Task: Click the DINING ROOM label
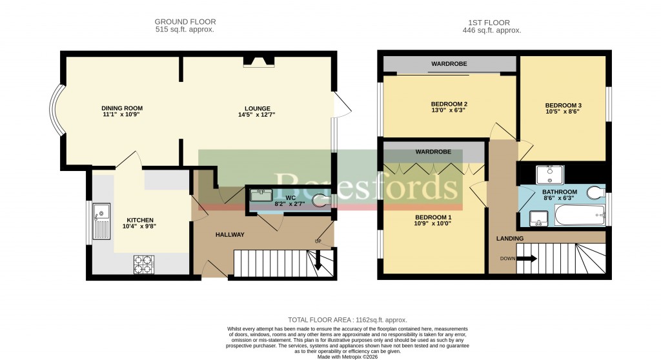click(121, 108)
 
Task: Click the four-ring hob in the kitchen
click(144, 265)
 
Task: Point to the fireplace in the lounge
click(258, 62)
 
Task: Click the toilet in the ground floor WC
click(320, 201)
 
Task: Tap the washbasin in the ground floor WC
click(261, 196)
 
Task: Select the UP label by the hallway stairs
click(318, 241)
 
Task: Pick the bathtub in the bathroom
click(580, 215)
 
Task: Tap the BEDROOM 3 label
click(563, 106)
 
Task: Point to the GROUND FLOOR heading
click(185, 22)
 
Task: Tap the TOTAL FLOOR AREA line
click(347, 320)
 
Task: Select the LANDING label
click(509, 239)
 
